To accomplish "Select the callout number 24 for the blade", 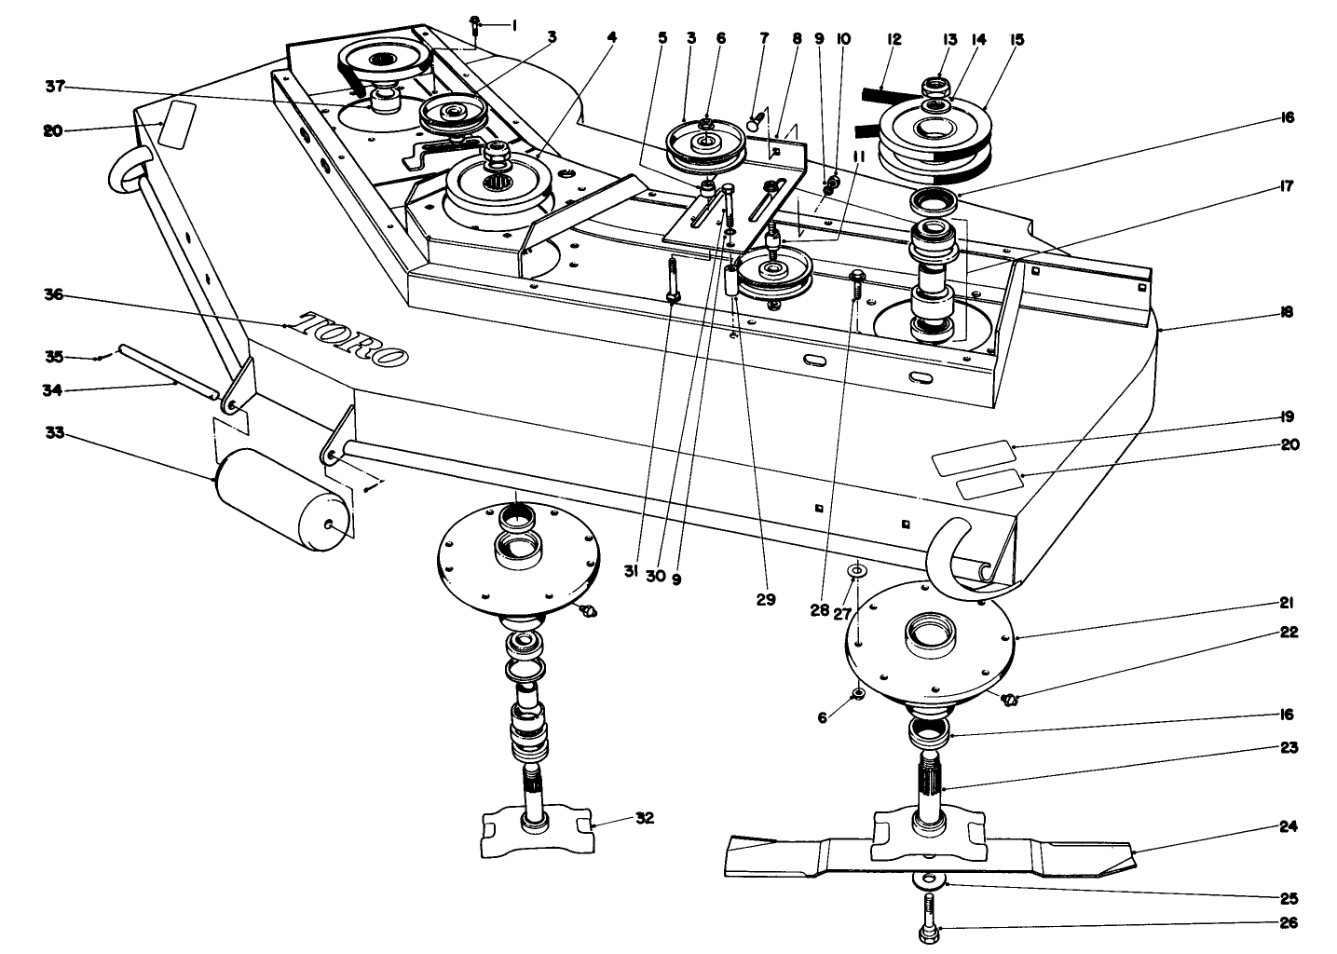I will coord(1289,826).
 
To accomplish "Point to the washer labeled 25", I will coord(927,880).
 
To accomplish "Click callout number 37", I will coord(54,88).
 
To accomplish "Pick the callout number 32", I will coord(644,818).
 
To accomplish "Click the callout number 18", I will coord(1288,313).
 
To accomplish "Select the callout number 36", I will coord(54,295).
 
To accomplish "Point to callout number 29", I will coord(765,600).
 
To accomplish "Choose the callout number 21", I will coord(1289,603).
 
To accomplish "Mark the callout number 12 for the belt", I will coord(894,39).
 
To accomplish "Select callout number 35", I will coord(54,356).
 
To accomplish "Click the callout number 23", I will coord(1289,747).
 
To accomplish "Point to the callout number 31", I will coord(631,575).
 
